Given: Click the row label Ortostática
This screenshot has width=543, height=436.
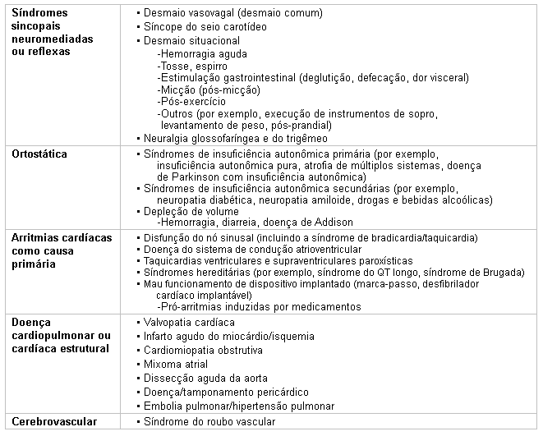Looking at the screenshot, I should coord(40,154).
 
